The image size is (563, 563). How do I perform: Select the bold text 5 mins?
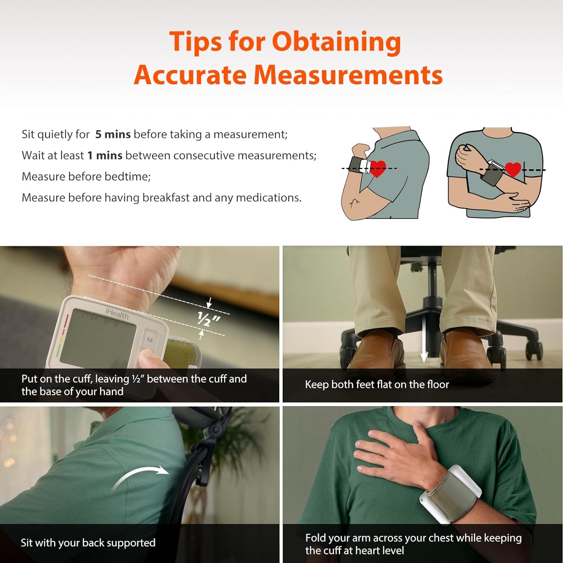[113, 134]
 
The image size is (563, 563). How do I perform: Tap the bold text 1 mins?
[105, 155]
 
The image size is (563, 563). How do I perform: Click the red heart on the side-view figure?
[378, 168]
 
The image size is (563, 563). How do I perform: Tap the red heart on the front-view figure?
[513, 169]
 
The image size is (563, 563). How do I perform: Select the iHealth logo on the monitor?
[117, 313]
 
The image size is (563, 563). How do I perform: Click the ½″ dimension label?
[209, 319]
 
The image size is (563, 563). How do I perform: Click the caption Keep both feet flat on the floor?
[377, 384]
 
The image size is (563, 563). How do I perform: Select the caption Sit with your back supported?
[88, 543]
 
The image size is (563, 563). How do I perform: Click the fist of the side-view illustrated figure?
[361, 151]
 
